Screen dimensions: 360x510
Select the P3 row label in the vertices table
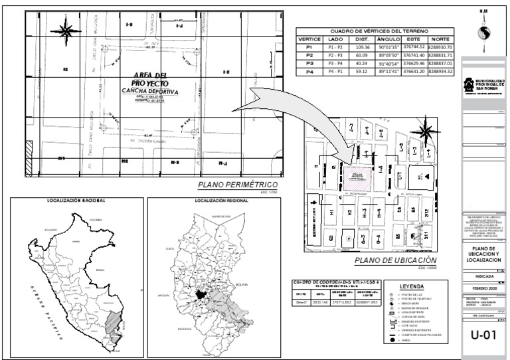[308, 64]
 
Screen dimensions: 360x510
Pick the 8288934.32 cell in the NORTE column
[440, 71]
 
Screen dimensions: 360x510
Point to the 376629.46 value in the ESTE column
[414, 64]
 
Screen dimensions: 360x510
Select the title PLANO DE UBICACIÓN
[396, 260]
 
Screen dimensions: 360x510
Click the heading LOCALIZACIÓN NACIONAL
[73, 199]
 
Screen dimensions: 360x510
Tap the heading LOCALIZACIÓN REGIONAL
[214, 199]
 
